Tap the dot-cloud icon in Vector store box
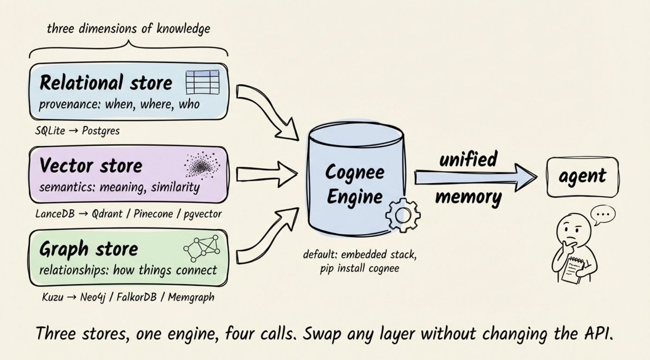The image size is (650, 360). pyautogui.click(x=201, y=166)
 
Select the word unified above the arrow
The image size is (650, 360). pyautogui.click(x=467, y=160)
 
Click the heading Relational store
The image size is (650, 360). pyautogui.click(x=106, y=83)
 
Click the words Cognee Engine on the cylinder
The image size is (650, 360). pyautogui.click(x=355, y=184)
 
